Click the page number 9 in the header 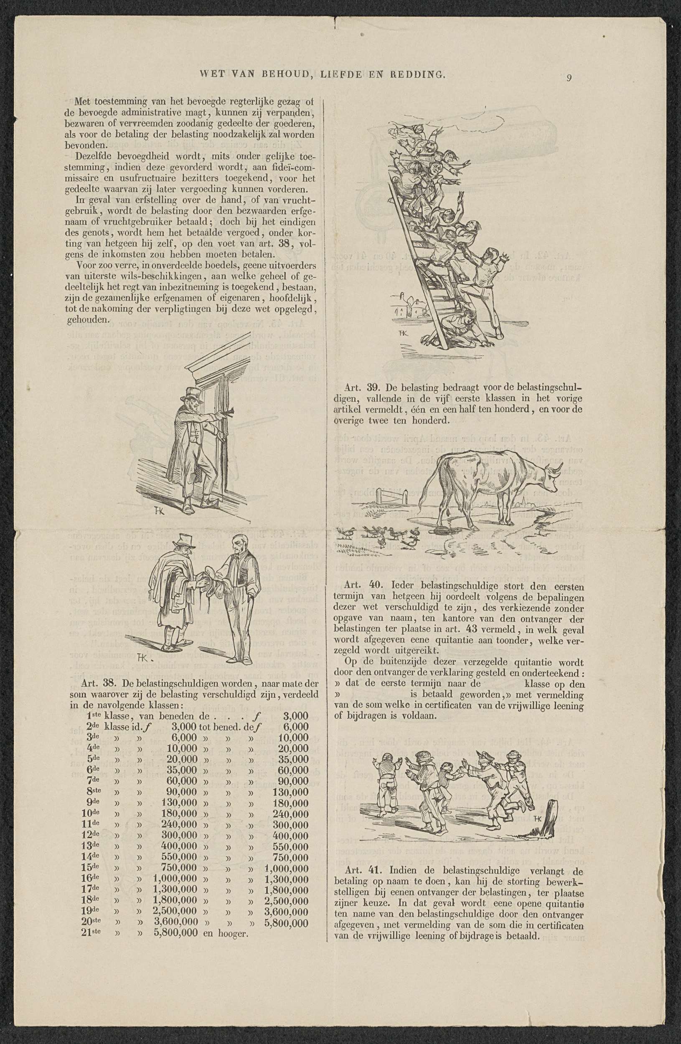point(569,78)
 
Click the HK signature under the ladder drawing point(403,333)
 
